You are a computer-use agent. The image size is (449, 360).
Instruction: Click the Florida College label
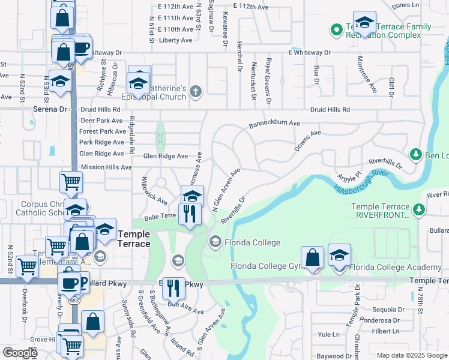(x=252, y=242)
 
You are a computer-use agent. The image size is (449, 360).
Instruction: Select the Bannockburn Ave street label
(x=274, y=124)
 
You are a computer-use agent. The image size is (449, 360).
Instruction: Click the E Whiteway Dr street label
(x=309, y=53)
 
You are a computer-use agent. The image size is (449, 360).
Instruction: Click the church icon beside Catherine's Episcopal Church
(x=194, y=92)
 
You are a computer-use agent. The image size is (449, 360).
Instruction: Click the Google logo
(x=20, y=353)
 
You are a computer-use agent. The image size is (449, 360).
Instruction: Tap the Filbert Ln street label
(x=385, y=331)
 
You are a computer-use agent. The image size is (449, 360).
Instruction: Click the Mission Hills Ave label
(x=106, y=167)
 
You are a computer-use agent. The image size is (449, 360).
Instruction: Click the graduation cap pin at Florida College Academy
(x=339, y=256)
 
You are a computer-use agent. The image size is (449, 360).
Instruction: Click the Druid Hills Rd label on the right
(x=330, y=110)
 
